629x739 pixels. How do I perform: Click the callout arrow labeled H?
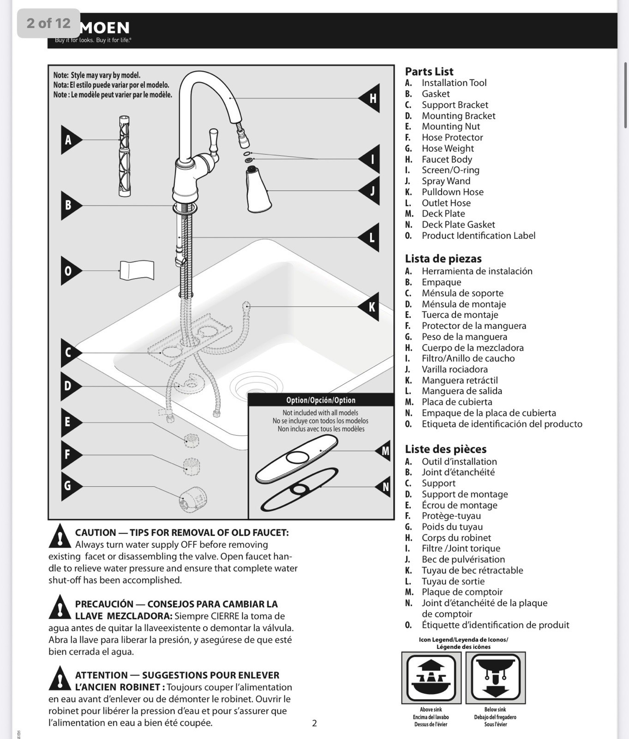[371, 98]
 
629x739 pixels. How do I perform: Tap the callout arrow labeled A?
[70, 140]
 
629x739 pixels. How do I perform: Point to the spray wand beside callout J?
[257, 190]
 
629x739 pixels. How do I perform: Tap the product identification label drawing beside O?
[137, 270]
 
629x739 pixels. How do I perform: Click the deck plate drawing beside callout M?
[296, 459]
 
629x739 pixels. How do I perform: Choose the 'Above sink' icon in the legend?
[431, 678]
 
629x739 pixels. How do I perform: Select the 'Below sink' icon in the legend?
[495, 678]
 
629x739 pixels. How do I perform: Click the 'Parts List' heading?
[429, 72]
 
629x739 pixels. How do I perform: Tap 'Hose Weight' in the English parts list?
[447, 148]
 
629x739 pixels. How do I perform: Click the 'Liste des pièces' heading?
[445, 449]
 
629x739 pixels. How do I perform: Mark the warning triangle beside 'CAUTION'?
[60, 536]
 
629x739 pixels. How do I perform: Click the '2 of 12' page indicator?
[48, 23]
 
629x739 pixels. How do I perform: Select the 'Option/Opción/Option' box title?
[321, 400]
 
